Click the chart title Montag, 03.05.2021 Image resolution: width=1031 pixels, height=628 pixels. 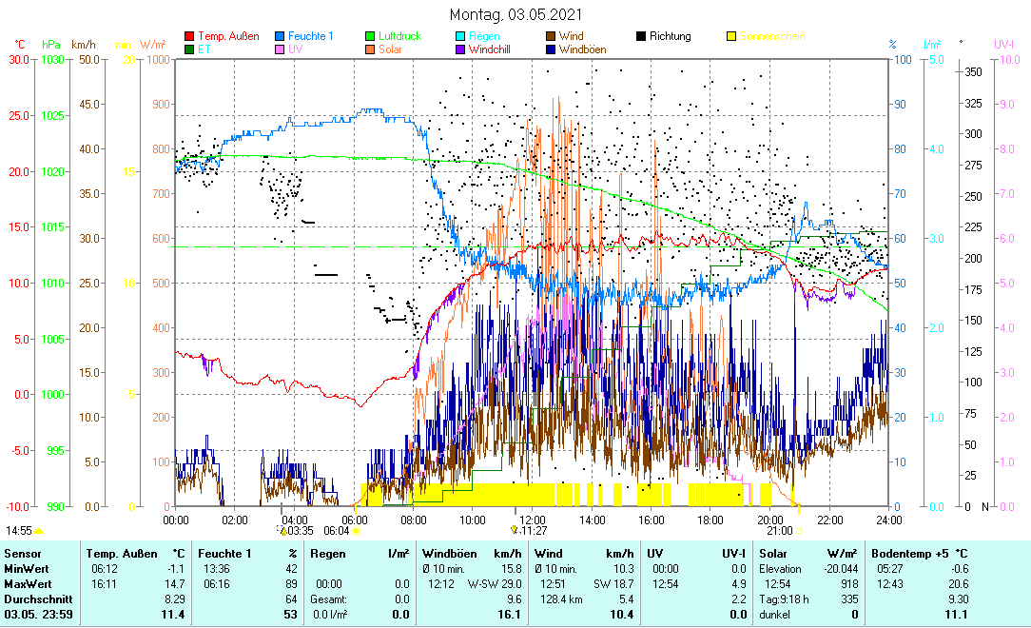(x=515, y=15)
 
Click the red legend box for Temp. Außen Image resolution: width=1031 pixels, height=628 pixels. (x=189, y=37)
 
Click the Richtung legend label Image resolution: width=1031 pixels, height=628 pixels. (x=670, y=36)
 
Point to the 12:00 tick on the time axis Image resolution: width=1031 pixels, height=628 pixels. (x=532, y=520)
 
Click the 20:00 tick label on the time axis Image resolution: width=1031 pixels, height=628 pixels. (x=769, y=520)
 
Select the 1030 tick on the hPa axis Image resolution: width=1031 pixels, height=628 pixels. (x=54, y=59)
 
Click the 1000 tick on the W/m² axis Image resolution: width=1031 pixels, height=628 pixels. (x=157, y=59)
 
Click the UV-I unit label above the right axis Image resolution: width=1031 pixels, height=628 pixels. (x=1003, y=44)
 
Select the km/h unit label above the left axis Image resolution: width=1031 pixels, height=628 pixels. (x=84, y=44)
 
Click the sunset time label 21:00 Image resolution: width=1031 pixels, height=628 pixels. (x=779, y=531)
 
